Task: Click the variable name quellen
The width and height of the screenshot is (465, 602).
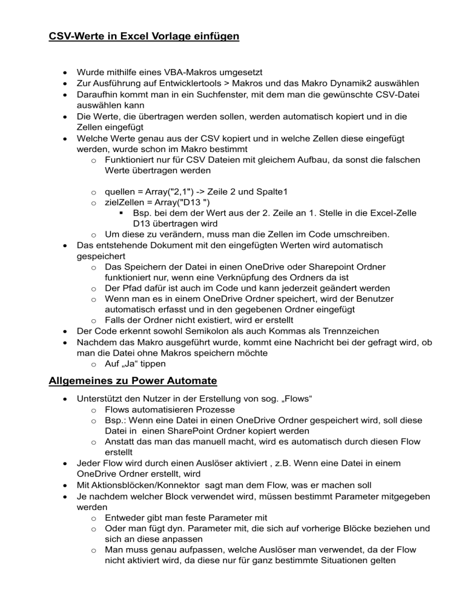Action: pos(121,191)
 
